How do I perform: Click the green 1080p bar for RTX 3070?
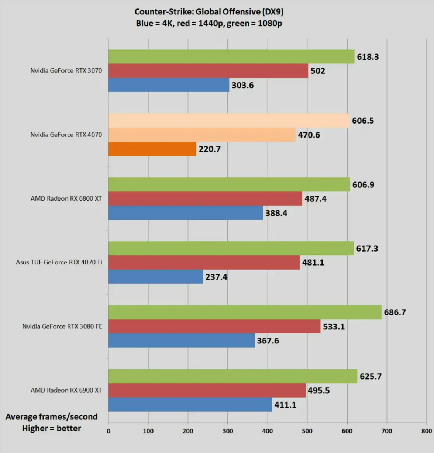click(x=231, y=57)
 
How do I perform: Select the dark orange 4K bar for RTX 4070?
click(x=152, y=149)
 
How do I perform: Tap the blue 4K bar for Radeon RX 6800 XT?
click(x=185, y=213)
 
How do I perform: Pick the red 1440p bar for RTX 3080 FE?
click(x=214, y=326)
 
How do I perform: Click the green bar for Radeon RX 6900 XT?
click(x=232, y=376)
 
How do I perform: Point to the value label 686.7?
click(x=395, y=312)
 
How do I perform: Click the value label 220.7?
click(x=210, y=149)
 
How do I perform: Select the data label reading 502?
click(x=318, y=71)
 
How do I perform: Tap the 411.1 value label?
click(x=285, y=405)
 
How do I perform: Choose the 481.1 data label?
click(x=313, y=263)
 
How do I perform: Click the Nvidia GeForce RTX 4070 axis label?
click(x=66, y=135)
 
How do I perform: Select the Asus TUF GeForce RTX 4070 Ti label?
click(x=59, y=262)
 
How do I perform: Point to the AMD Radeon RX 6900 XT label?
click(x=66, y=390)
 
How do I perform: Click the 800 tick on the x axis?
click(x=426, y=431)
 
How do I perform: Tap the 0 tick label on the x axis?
click(x=108, y=431)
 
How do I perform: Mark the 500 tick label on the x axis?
click(x=307, y=431)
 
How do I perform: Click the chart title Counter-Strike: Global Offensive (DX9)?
click(x=209, y=12)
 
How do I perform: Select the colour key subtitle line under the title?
click(x=209, y=23)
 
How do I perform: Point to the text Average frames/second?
click(x=52, y=417)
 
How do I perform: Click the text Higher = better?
click(x=51, y=428)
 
